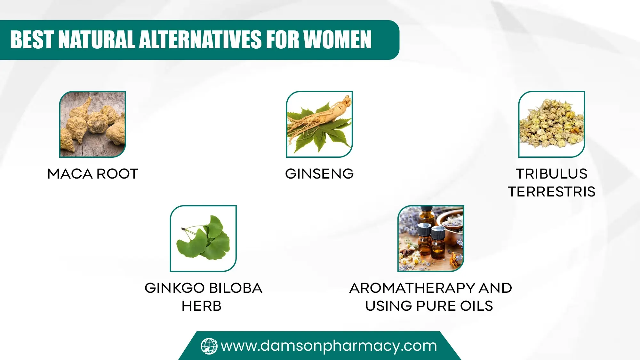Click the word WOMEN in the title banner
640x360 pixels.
pos(337,40)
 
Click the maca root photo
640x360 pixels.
pos(92,124)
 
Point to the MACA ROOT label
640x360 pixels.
pos(92,174)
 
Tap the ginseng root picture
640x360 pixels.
pos(319,124)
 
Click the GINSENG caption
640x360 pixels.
pos(319,174)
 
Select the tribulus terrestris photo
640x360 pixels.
pos(551,124)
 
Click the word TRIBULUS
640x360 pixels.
pos(551,174)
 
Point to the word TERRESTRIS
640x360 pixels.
pos(551,192)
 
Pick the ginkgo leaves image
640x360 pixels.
pos(203,238)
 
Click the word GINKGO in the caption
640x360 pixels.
pos(174,288)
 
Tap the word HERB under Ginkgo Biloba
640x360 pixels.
pos(202,306)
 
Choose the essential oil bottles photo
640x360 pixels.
pos(431,238)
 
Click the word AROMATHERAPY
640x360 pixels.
pos(412,288)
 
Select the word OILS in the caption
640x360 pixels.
pos(476,306)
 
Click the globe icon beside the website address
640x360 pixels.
pos(209,346)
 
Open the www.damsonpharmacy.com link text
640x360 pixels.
pos(329,346)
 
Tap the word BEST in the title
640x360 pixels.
pos(31,40)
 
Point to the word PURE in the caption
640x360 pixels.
pos(436,306)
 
